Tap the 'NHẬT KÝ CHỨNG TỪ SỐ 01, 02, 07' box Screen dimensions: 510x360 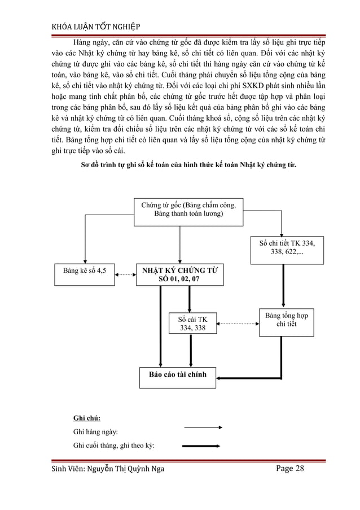coord(179,275)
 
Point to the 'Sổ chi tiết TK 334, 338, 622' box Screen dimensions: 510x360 coord(287,249)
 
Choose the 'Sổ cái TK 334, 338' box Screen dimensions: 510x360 coord(192,323)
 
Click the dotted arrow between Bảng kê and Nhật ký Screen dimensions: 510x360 coord(125,275)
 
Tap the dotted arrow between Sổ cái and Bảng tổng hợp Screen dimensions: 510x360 coord(237,323)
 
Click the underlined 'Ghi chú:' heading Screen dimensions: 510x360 coord(87,418)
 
